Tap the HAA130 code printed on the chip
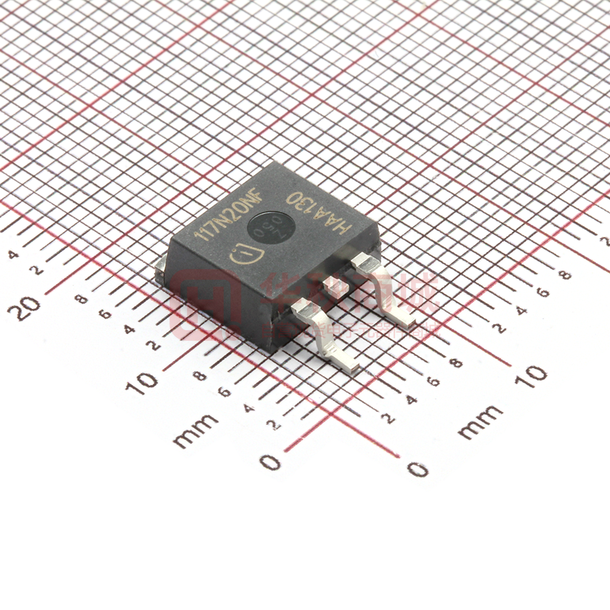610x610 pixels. pyautogui.click(x=319, y=209)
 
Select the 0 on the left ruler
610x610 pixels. pyautogui.click(x=270, y=462)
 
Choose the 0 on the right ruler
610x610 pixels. pyautogui.click(x=418, y=468)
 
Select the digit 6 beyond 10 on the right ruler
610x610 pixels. pyautogui.click(x=542, y=292)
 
